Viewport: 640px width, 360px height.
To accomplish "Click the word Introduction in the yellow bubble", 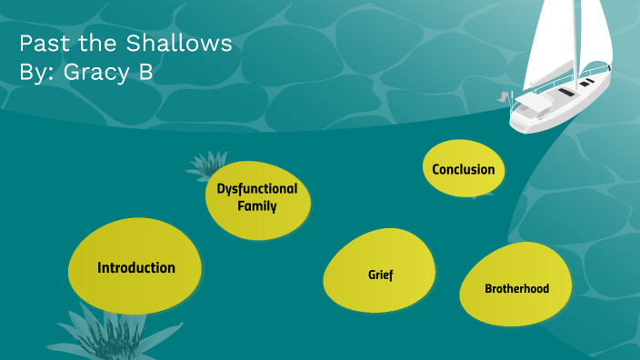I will pyautogui.click(x=136, y=268).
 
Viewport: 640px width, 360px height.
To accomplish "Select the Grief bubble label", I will pyautogui.click(x=380, y=275).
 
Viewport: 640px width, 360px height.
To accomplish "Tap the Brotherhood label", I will pyautogui.click(x=516, y=289).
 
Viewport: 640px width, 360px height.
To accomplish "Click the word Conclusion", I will pyautogui.click(x=464, y=169).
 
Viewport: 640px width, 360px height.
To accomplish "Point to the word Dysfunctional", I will pyautogui.click(x=256, y=189).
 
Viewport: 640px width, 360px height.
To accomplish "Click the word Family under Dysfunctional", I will pyautogui.click(x=256, y=206).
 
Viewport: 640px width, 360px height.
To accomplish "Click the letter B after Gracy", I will pyautogui.click(x=145, y=73).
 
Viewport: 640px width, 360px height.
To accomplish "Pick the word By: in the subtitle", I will pyautogui.click(x=37, y=74).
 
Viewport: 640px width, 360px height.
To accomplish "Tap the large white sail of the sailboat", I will pyautogui.click(x=555, y=41).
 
